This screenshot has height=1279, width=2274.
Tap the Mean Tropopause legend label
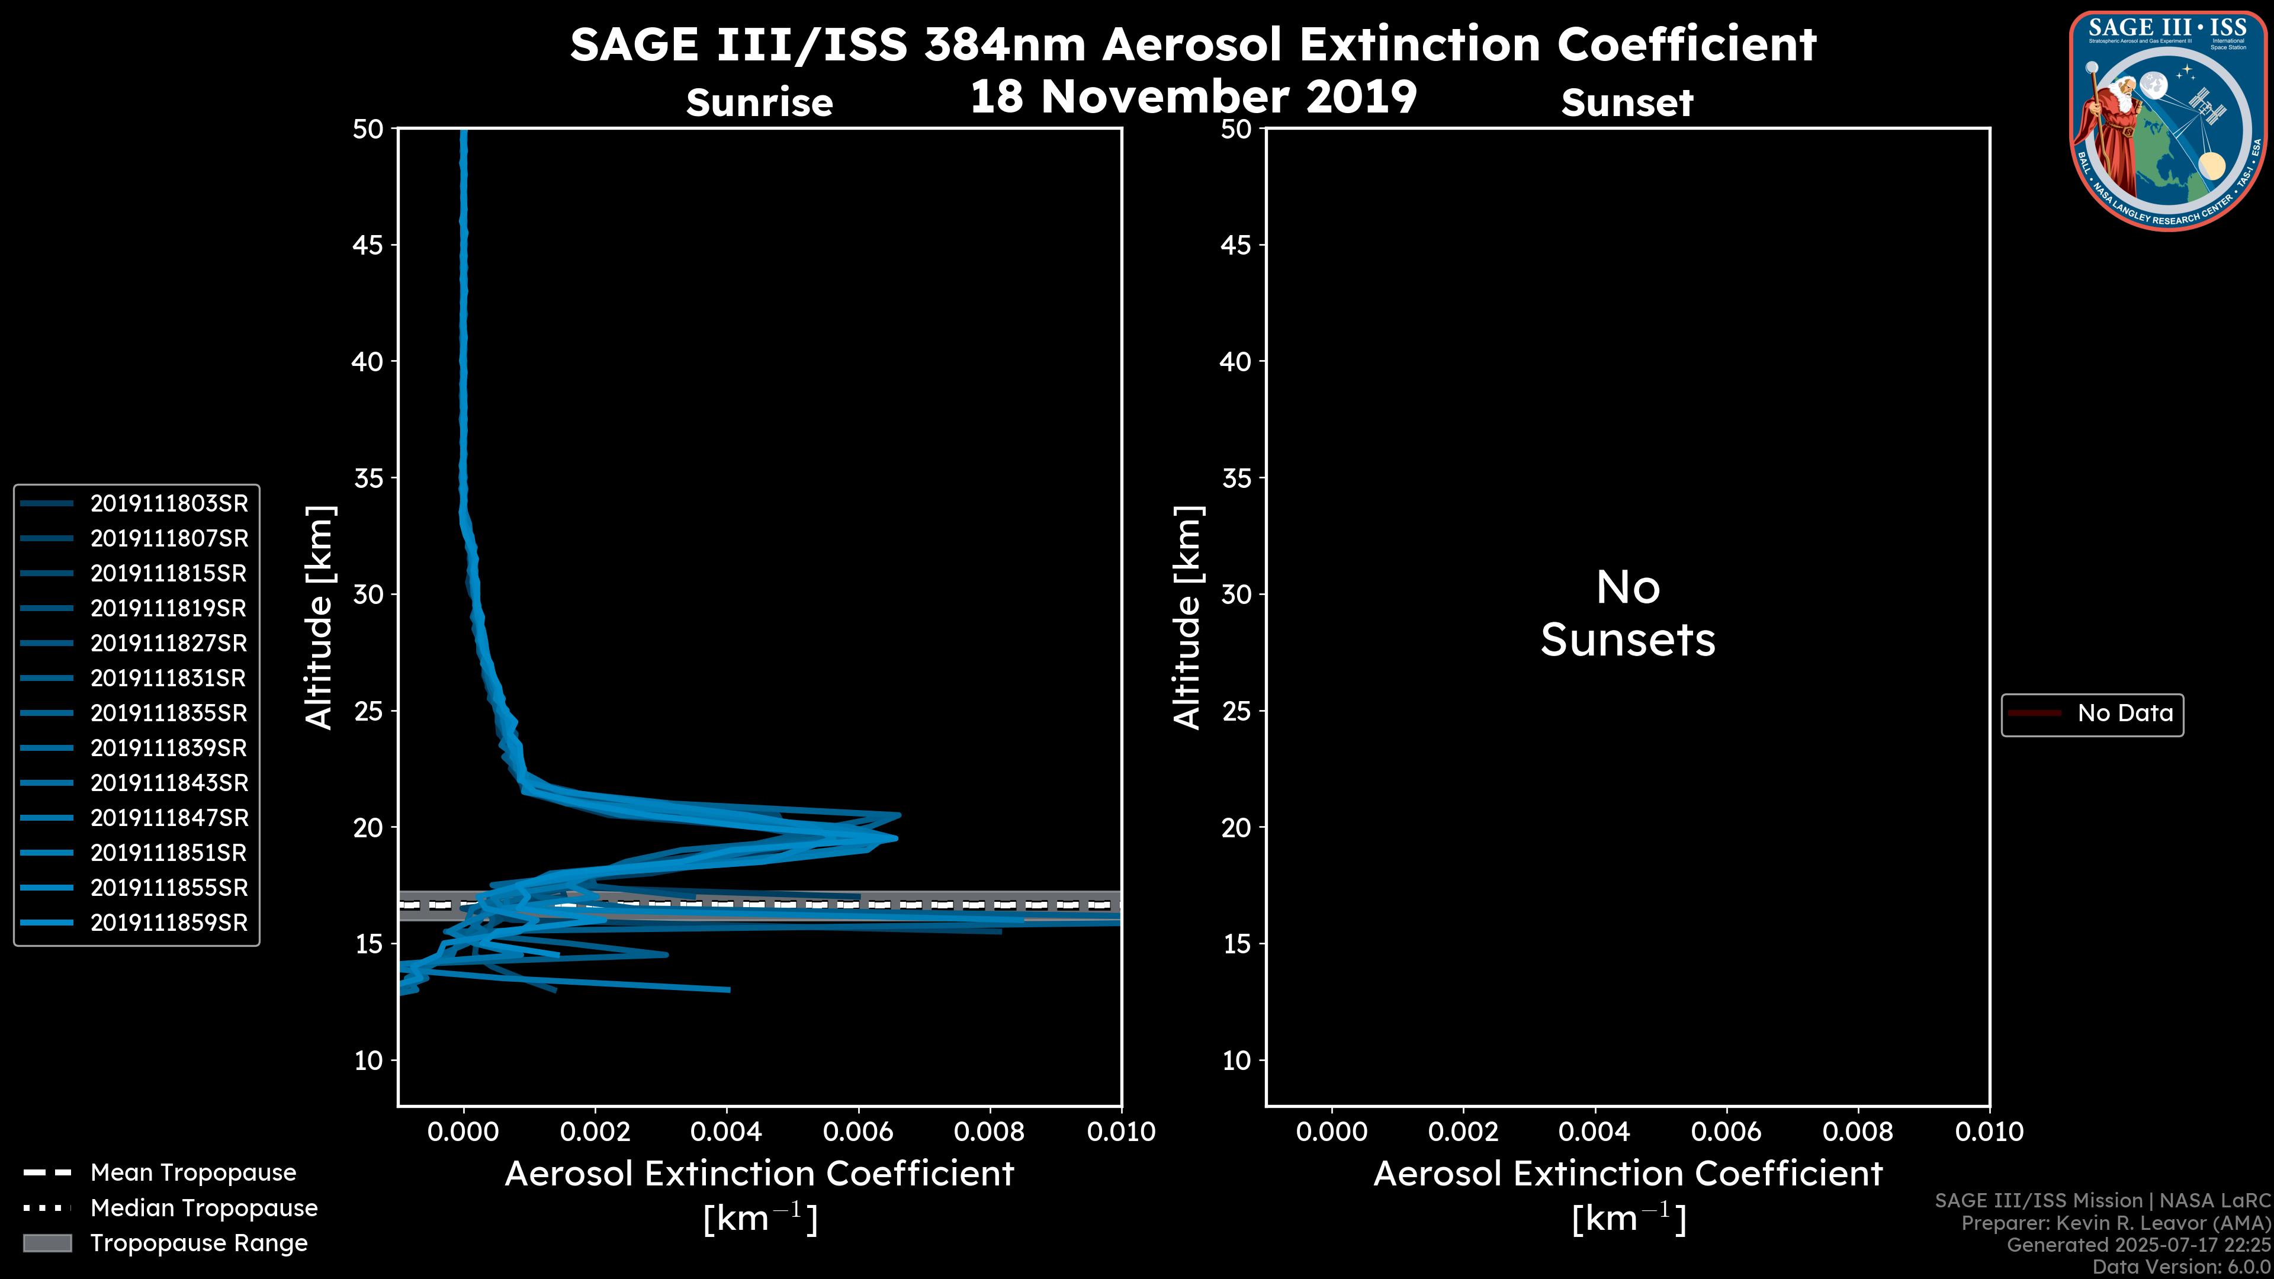[x=192, y=1173]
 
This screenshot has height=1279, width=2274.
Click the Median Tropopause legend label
[x=203, y=1209]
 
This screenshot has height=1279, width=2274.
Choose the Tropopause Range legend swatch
[x=47, y=1243]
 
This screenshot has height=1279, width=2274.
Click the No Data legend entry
[x=2124, y=713]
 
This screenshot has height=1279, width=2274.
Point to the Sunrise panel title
[x=759, y=103]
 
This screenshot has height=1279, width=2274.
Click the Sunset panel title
[x=1626, y=103]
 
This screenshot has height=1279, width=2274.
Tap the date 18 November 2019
[x=1193, y=97]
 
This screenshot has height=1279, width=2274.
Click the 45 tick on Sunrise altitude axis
[x=368, y=245]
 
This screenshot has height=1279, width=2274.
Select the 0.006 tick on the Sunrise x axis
[x=858, y=1132]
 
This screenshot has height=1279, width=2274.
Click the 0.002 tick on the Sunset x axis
[x=1462, y=1132]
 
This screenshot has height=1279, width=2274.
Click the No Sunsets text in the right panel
[x=1627, y=615]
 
